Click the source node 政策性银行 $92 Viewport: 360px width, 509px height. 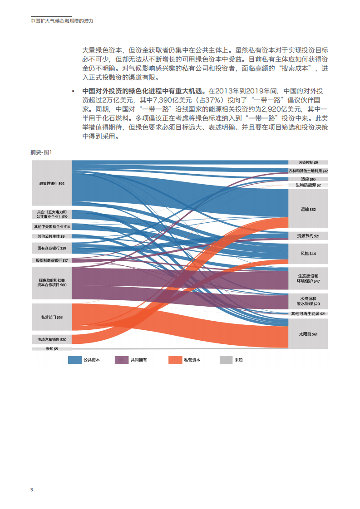52,183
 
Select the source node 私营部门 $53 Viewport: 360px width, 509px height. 52,317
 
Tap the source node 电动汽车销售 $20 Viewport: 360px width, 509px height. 52,339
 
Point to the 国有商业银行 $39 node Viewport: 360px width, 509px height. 52,248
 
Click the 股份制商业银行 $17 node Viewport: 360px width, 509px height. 52,260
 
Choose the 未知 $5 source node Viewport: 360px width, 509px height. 52,348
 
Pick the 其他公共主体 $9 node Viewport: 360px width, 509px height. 52,236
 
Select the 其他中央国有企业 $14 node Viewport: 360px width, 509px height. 52,226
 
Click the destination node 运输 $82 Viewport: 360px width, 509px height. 308,209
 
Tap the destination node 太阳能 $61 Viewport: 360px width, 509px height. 308,334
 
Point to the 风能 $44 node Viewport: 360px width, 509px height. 308,254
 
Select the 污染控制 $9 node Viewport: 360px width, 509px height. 308,162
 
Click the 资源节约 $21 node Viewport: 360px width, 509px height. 308,236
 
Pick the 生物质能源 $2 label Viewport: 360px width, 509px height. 308,185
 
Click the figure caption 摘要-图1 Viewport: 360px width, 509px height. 41,152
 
